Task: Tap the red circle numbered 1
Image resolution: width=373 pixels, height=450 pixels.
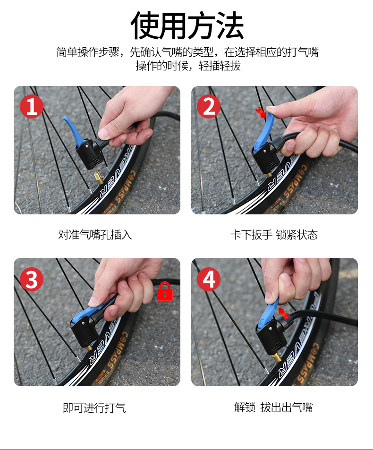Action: pos(32,106)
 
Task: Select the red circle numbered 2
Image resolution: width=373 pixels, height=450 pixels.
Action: pos(209,106)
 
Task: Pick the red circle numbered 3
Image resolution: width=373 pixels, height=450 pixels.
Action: pos(32,279)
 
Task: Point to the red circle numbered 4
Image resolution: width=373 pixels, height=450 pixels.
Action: pos(209,279)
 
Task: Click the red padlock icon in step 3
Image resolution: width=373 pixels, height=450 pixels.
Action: pos(165,291)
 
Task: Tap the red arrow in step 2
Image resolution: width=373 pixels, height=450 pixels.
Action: pos(261,112)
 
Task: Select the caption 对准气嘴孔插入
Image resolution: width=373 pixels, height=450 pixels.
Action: pos(95,235)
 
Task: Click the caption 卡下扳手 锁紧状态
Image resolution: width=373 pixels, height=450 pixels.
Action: pos(274,235)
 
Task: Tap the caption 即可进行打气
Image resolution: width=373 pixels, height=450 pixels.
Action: pos(94,408)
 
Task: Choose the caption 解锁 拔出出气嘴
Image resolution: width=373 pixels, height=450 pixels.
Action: pos(273,407)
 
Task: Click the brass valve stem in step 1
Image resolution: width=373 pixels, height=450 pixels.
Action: pos(98,178)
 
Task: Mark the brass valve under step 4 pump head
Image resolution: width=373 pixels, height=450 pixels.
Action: pos(277,357)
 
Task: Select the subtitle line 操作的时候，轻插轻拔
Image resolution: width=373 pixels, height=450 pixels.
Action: pos(188,66)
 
